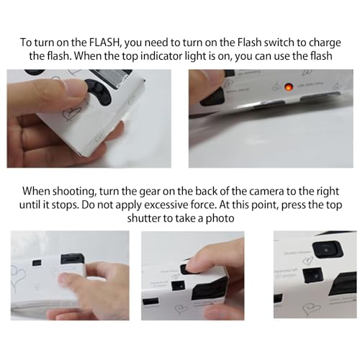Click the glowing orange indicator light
click(288, 87)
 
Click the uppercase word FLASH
click(104, 42)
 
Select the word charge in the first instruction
click(325, 43)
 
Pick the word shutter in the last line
click(143, 218)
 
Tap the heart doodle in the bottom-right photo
click(311, 308)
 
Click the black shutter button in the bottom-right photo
click(326, 250)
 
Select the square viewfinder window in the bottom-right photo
click(312, 274)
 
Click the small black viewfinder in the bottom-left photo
click(37, 262)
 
